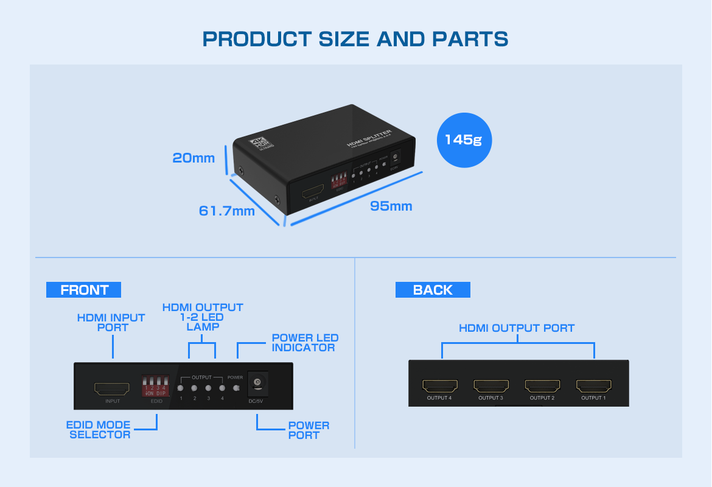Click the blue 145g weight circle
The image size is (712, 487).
[x=464, y=139]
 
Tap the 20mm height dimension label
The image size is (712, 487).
[x=194, y=158]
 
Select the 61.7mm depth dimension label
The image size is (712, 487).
[x=226, y=211]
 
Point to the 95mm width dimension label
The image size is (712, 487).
[x=391, y=206]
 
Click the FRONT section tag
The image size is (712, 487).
[x=84, y=290]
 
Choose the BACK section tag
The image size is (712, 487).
[x=433, y=290]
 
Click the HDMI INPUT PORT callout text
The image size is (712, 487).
[x=111, y=322]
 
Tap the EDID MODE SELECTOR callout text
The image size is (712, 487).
[x=99, y=430]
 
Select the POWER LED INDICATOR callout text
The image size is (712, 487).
[x=304, y=343]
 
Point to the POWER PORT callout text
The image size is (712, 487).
[x=309, y=430]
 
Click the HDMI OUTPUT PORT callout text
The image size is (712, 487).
[x=517, y=328]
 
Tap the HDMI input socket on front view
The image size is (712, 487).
[x=112, y=388]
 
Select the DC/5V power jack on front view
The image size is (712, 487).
[x=258, y=384]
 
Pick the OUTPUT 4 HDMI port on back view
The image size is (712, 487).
[x=439, y=386]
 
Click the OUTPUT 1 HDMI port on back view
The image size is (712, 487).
[x=594, y=386]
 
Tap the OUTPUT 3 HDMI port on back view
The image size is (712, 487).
[x=491, y=386]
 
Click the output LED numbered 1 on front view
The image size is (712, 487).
[x=181, y=388]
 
